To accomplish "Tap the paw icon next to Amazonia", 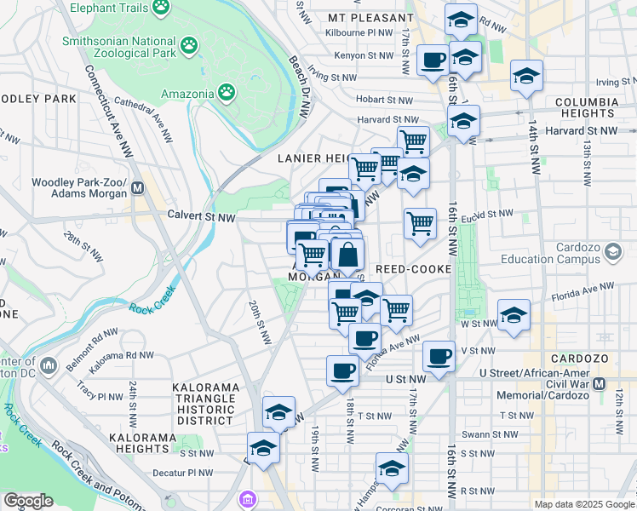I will (x=227, y=90).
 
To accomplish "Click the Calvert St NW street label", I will (x=201, y=217).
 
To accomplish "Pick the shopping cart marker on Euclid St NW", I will (x=420, y=224).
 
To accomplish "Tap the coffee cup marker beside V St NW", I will (x=439, y=355).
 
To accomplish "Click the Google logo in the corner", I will (x=27, y=501).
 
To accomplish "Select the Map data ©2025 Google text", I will (x=584, y=504).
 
